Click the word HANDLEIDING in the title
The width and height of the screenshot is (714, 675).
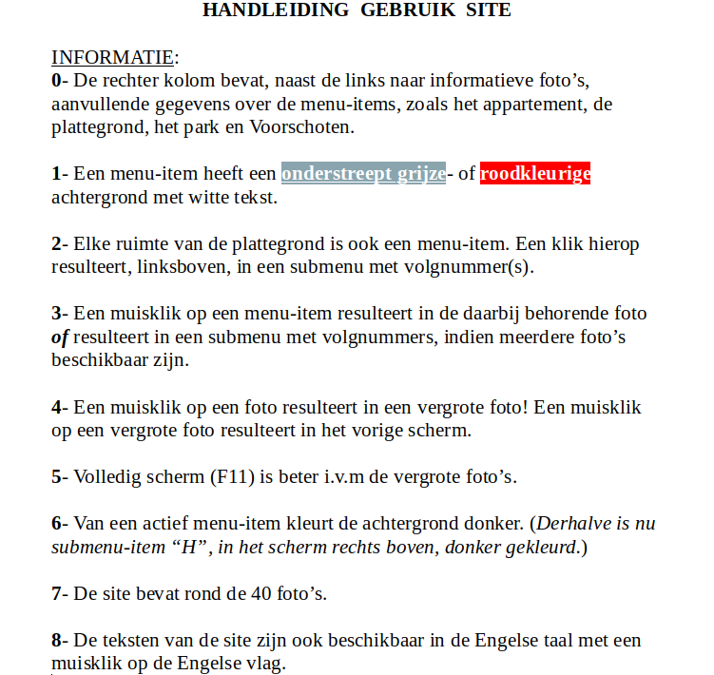coord(261,10)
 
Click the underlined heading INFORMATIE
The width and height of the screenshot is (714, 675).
coord(112,57)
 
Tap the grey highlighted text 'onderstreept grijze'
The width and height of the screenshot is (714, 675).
coord(363,174)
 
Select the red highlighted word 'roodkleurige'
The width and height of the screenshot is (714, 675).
coord(535,174)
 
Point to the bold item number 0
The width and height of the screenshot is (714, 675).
coord(56,81)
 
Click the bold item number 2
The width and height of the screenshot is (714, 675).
coord(56,243)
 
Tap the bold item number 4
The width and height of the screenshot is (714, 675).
coord(56,407)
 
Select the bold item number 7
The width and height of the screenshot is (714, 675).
coord(56,593)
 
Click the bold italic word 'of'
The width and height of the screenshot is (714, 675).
coord(59,337)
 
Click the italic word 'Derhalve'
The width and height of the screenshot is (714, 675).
coord(571,523)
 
